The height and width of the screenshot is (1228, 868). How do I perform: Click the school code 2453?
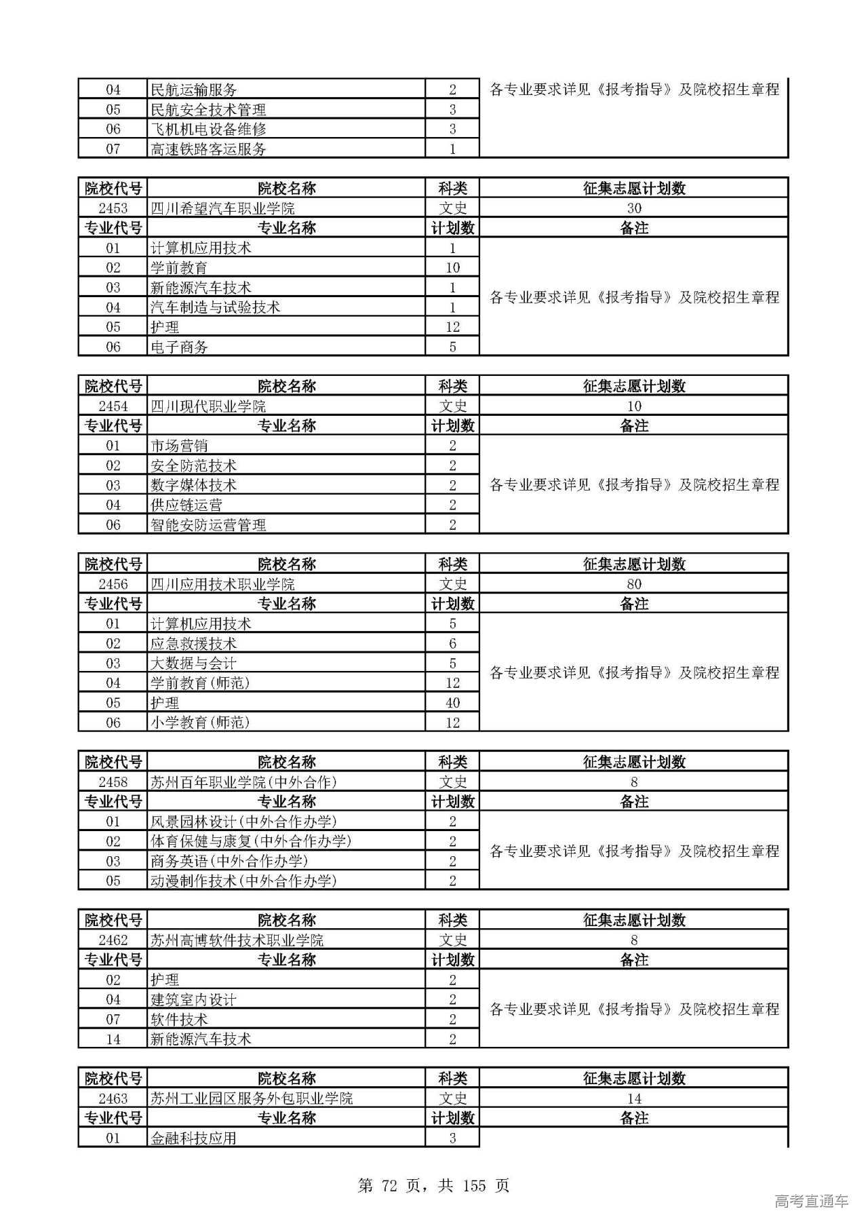113,208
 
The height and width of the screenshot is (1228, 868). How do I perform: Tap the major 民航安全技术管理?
208,109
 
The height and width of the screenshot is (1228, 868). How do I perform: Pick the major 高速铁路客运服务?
208,149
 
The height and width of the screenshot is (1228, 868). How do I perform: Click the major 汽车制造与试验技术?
215,307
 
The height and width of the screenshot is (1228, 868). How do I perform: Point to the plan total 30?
633,208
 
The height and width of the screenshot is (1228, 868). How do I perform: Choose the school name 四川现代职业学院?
208,406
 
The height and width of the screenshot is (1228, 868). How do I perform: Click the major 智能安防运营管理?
208,524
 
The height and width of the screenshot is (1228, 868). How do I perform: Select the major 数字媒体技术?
193,485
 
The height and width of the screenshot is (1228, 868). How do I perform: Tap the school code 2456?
113,584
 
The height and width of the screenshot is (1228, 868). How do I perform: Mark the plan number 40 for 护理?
452,703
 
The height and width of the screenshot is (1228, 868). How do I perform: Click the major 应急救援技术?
193,643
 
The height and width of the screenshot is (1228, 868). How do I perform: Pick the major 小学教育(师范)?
200,723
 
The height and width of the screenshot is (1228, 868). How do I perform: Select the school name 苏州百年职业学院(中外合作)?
243,782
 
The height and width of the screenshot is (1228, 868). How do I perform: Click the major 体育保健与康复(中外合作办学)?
251,841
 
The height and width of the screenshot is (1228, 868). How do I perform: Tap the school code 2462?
113,940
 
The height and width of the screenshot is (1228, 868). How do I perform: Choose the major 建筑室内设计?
193,999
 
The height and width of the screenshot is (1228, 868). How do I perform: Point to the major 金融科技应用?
193,1138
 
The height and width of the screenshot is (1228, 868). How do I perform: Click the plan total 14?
633,1098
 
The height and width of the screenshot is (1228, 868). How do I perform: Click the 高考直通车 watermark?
811,1201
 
